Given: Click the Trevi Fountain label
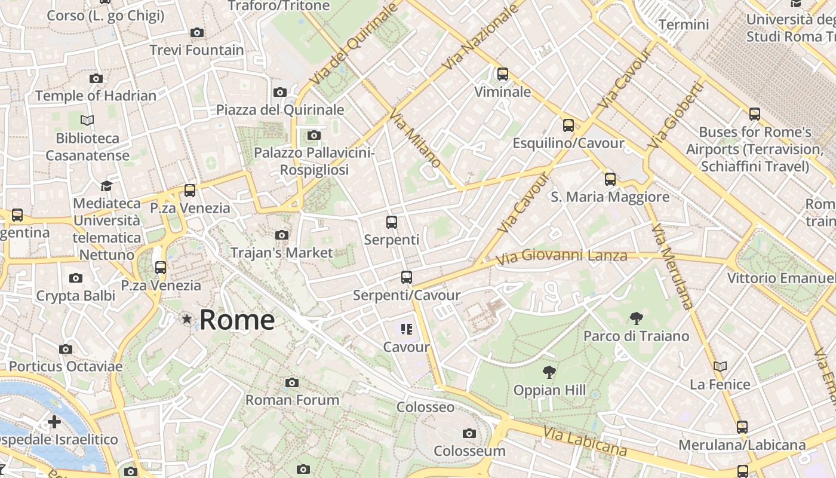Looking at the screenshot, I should tap(196, 50).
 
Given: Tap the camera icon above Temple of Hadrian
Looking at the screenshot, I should tap(96, 78).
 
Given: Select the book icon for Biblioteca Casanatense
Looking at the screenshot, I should tap(87, 121).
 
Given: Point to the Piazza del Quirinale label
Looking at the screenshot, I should tap(280, 109).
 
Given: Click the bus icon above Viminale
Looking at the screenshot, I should tap(503, 74).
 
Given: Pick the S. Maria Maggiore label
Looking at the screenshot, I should tap(610, 197).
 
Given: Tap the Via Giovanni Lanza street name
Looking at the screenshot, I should tap(562, 256).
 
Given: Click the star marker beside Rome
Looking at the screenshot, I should tap(187, 320).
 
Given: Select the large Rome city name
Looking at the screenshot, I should tap(237, 320).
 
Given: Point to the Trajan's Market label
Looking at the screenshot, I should tap(281, 253).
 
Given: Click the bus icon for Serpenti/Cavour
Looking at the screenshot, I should tap(407, 277).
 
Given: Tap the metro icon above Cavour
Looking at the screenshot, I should tap(407, 329).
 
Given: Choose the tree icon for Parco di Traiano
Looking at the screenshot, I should tap(636, 318).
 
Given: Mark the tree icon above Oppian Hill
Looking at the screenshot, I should tap(549, 373).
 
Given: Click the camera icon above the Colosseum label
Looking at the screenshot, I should tap(469, 433).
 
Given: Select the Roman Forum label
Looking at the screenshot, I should tap(292, 400).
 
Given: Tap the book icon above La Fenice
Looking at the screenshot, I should tap(720, 366).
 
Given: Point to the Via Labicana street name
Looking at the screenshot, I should tap(585, 442).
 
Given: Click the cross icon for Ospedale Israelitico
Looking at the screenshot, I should tap(54, 422).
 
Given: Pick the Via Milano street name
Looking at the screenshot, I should tap(416, 138).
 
